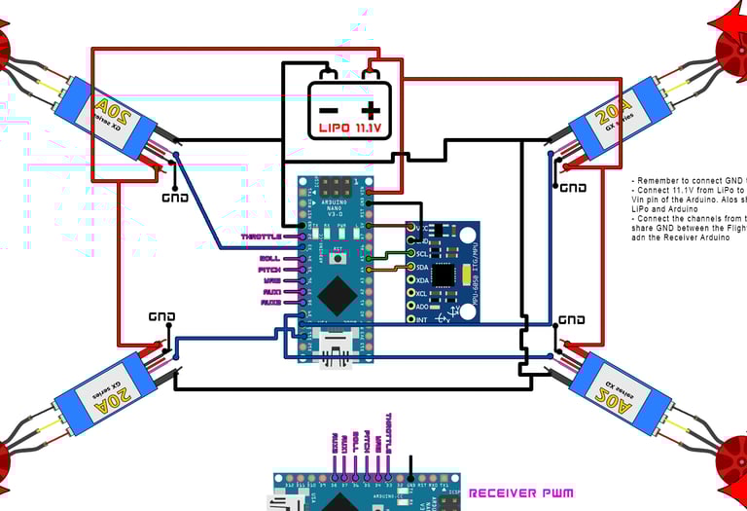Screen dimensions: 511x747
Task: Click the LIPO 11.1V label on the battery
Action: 350,127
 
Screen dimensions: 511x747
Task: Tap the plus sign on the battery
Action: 370,107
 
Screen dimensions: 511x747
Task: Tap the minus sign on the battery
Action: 330,107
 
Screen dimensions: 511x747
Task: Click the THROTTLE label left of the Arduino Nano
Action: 261,237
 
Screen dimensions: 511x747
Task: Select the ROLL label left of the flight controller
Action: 269,258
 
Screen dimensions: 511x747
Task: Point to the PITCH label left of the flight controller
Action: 269,269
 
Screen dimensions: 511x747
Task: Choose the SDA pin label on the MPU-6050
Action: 421,266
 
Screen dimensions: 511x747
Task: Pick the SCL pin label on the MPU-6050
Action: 421,252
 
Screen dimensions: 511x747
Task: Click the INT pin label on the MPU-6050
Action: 421,319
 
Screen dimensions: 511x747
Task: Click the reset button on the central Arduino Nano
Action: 338,256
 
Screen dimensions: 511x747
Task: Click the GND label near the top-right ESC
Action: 573,188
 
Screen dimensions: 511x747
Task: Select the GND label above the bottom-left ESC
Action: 161,316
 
